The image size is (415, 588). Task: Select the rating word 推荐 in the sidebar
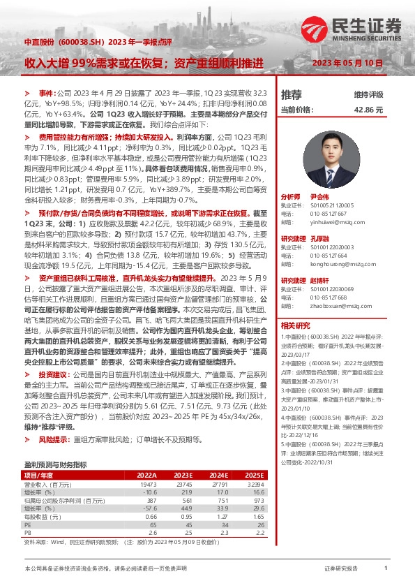(x=292, y=94)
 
